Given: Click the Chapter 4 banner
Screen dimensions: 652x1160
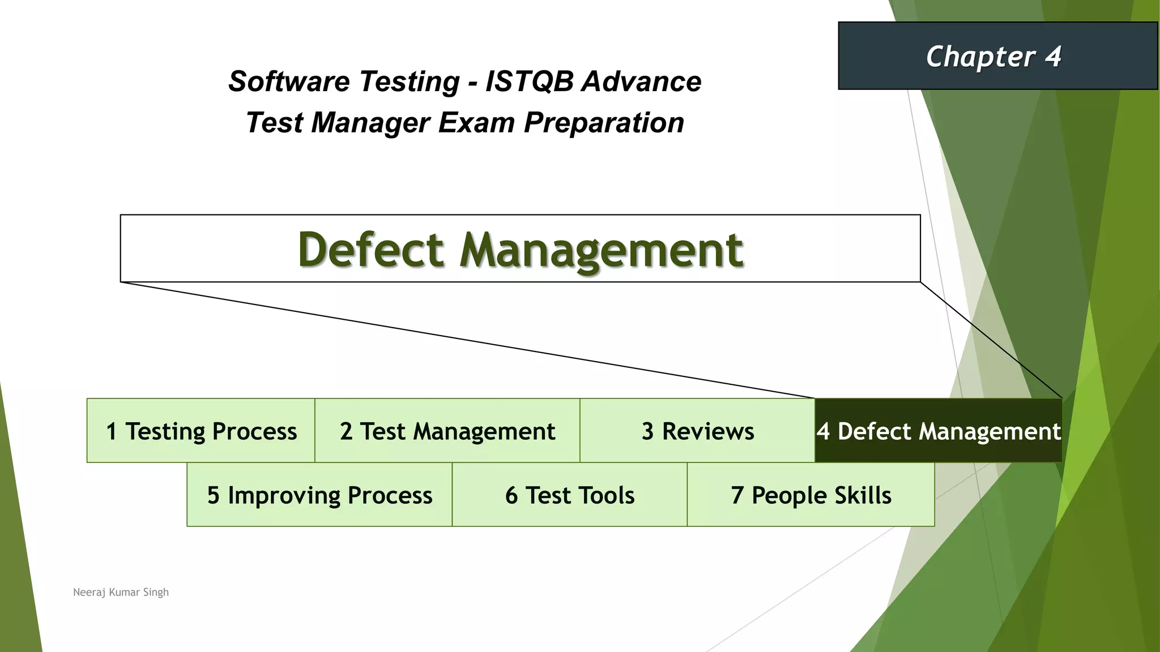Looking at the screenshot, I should (997, 56).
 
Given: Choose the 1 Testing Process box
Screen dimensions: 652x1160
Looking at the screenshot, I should (201, 431).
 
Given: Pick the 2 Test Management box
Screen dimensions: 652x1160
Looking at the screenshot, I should (447, 431).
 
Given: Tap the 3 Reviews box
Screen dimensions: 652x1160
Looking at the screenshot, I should (697, 431).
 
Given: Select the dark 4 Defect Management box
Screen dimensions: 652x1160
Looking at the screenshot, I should (938, 431).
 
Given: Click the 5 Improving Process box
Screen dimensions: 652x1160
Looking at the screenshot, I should (319, 495).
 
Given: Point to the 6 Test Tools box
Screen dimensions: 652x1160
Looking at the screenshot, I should (570, 495).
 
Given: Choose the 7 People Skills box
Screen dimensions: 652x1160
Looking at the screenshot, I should (811, 495).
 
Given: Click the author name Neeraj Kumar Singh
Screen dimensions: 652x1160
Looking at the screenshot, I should (121, 592).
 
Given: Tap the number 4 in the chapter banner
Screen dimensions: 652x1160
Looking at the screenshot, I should (1053, 57).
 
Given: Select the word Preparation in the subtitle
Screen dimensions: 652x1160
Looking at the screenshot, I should (604, 123).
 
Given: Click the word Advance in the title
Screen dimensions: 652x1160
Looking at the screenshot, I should (642, 81).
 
